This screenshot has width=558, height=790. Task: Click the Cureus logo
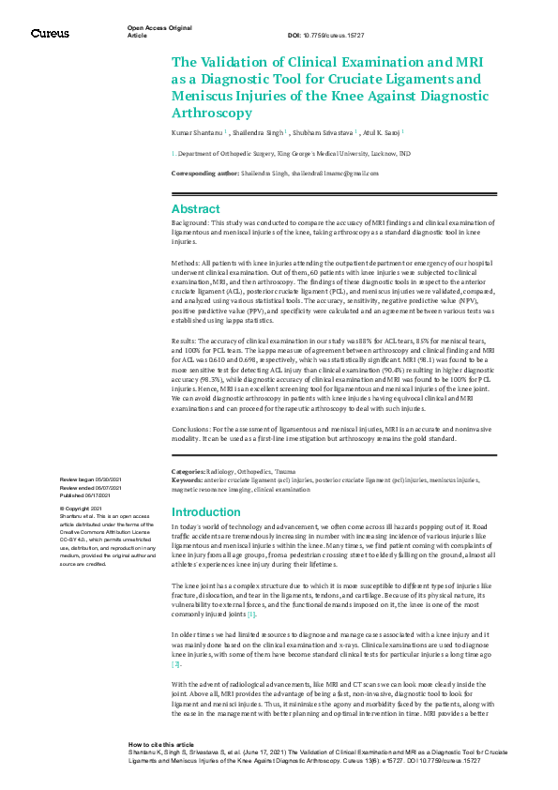(50, 34)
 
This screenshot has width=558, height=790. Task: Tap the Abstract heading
(196, 209)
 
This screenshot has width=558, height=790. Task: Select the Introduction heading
(207, 511)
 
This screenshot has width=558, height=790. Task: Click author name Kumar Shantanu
(196, 133)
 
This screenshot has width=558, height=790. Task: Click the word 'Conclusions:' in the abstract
(194, 429)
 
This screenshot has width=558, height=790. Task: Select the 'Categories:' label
(190, 471)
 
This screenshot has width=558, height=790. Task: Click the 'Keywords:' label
(189, 479)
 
